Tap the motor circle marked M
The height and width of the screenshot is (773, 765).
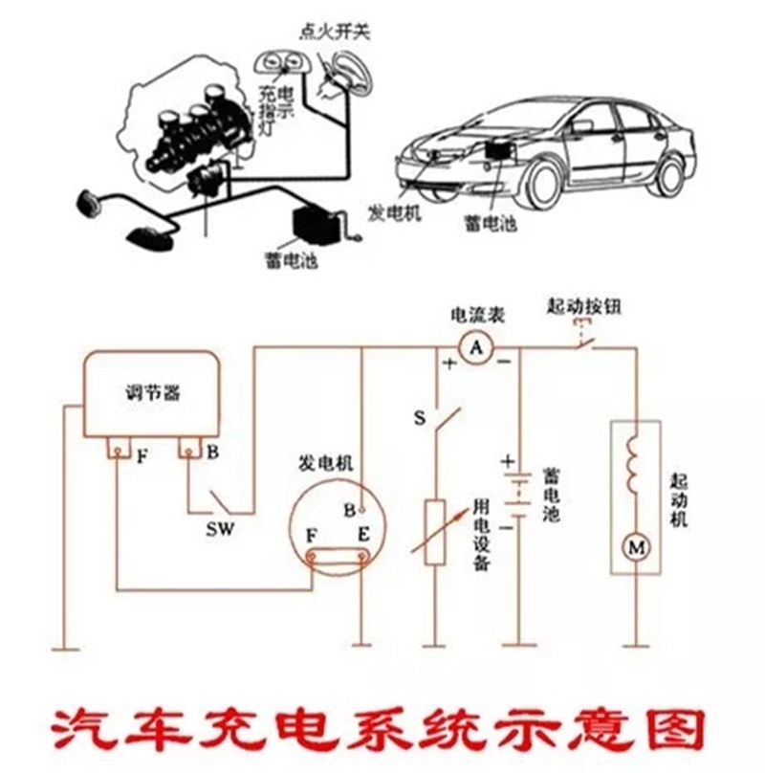635,547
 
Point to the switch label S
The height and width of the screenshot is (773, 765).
419,417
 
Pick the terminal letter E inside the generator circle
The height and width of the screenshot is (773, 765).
362,533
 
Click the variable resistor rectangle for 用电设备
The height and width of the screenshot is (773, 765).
436,531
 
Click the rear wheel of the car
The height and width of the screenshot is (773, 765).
670,175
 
